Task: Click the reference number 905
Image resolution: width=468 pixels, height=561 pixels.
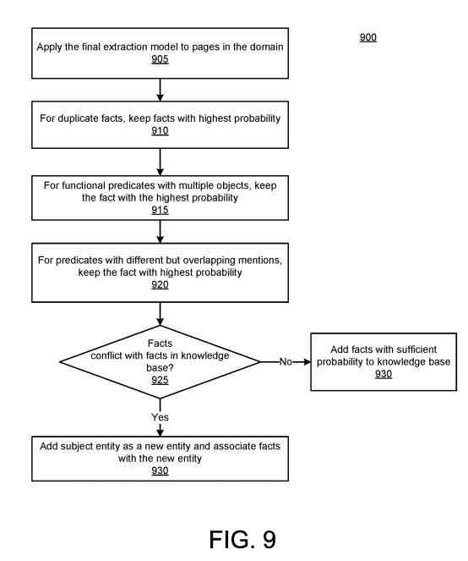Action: pos(160,59)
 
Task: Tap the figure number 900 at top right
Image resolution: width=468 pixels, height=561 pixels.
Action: pos(368,37)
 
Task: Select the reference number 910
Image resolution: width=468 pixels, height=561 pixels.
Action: pos(160,130)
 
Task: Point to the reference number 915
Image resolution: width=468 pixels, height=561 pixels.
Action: pos(160,210)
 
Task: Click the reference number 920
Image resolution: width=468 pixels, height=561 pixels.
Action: pos(160,285)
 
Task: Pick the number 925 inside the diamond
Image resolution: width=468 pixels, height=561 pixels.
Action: pos(160,380)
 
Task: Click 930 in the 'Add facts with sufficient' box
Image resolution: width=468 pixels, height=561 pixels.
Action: pos(384,374)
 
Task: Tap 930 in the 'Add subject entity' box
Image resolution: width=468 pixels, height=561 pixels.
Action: pos(160,470)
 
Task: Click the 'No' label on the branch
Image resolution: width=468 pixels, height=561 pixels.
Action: pos(286,361)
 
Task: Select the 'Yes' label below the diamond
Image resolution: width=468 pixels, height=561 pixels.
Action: pos(160,417)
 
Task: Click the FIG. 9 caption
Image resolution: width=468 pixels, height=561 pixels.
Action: pos(242,540)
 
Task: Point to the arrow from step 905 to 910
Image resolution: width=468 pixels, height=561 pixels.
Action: pos(160,90)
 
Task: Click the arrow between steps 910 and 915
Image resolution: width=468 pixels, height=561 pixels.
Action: pos(160,162)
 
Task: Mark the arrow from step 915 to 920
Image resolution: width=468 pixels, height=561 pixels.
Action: pos(160,232)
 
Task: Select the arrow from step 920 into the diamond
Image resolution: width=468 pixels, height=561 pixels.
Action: pos(160,314)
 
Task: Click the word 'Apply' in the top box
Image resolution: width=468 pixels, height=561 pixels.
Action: pos(49,47)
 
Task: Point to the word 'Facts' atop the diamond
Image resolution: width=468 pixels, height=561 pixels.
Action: pos(160,344)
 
